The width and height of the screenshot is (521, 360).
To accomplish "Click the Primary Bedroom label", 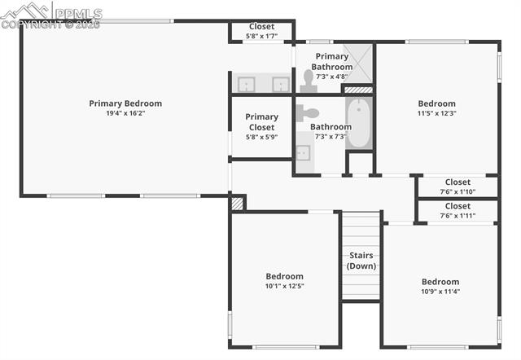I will tap(125, 103).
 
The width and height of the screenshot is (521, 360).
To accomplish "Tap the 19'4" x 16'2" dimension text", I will tap(125, 113).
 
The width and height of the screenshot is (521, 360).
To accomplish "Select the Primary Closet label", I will tap(261, 122).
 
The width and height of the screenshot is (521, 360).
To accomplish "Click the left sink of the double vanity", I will tap(245, 84).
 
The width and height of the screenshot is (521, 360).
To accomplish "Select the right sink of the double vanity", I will tap(279, 84).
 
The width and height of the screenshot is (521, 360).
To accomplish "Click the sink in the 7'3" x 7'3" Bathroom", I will tap(302, 152).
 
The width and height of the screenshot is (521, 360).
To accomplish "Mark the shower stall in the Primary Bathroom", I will tap(357, 62).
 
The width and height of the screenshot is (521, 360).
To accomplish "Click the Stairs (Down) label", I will tap(361, 261).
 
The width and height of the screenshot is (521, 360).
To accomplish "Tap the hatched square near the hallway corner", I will tap(237, 202).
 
